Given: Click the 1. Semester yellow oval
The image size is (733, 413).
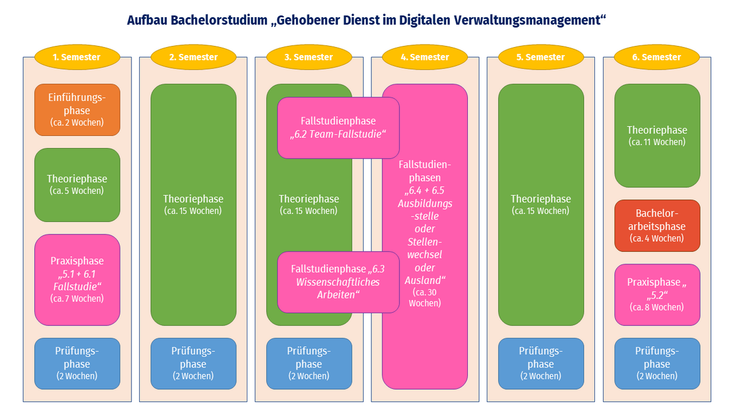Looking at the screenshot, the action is [77, 57].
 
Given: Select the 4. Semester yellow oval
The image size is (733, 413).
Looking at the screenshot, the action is [425, 57].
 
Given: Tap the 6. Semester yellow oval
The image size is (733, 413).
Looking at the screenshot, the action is [657, 57].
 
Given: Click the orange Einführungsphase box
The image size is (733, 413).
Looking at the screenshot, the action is [77, 110].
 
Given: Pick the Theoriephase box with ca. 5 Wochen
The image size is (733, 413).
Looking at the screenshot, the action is [77, 185].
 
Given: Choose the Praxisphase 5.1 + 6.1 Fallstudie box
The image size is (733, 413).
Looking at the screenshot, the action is [77, 280].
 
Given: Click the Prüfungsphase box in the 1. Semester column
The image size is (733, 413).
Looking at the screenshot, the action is [77, 363].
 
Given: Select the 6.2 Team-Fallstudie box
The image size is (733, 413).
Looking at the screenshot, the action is [338, 128].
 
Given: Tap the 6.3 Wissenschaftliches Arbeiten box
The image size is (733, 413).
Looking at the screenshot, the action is [338, 282].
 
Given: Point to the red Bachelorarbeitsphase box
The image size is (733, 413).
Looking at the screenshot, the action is [657, 226].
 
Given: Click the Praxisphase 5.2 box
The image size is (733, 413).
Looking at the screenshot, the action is [657, 295].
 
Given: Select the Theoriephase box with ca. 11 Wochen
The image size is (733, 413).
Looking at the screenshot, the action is [657, 136].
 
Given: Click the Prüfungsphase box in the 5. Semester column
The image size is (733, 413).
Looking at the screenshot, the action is [541, 363].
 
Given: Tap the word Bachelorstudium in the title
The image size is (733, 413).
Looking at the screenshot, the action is [219, 20].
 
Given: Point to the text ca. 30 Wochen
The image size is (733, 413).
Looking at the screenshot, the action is [425, 297].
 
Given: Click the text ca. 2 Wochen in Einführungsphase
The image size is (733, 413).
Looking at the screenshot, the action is [77, 122].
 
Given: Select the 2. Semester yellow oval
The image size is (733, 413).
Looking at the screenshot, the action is [194, 57].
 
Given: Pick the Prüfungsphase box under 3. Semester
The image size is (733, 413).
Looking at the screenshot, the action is [309, 363].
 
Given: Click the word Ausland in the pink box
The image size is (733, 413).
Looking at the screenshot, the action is [423, 280].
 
